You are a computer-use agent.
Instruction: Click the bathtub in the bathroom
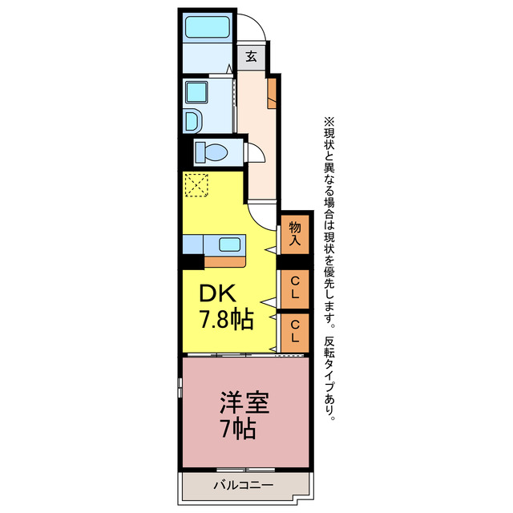(x=208, y=27)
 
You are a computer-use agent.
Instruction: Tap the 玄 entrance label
(x=251, y=57)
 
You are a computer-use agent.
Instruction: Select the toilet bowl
(x=212, y=151)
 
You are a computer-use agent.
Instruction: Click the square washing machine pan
(x=196, y=93)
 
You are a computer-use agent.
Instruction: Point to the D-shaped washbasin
(x=193, y=121)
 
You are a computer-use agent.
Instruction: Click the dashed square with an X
(x=196, y=185)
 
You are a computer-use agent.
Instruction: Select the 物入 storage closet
(x=295, y=233)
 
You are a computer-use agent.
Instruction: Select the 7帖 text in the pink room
(x=237, y=429)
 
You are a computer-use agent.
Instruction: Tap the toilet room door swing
(x=254, y=153)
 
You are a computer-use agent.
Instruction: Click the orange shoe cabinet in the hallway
(x=273, y=92)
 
